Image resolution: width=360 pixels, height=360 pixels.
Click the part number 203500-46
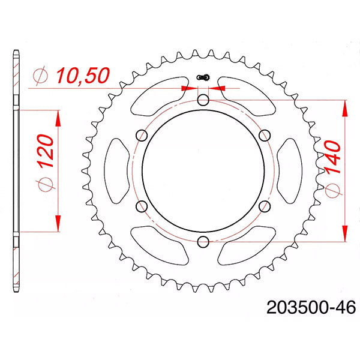coord(309,308)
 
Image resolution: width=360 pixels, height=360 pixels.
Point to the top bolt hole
coord(203,100)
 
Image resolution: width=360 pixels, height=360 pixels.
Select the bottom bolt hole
coord(203,242)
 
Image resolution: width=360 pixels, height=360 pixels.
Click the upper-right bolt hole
coord(265,135)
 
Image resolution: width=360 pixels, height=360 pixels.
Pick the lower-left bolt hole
coord(142,206)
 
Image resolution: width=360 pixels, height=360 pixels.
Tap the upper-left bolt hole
coord(142,135)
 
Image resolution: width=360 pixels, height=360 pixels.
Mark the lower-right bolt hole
coord(265,206)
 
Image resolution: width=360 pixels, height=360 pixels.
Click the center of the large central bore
coord(203,171)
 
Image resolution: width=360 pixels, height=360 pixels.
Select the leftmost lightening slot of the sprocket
coord(118,171)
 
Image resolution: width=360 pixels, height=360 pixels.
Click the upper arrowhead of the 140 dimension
coord(345,108)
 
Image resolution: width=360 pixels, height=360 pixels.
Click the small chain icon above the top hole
coord(203,77)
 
